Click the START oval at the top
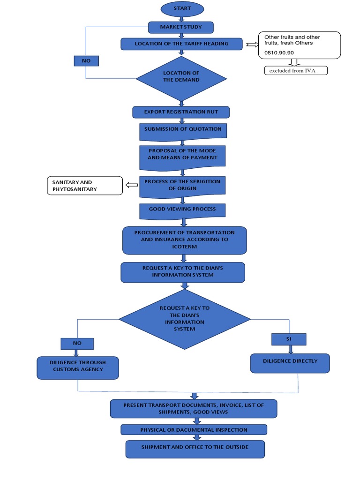(182, 9)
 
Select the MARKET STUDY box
(181, 27)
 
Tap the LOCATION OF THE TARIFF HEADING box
(181, 44)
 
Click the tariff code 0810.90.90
(279, 53)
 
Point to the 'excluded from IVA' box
(295, 71)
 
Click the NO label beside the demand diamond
(86, 61)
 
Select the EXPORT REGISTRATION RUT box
(181, 112)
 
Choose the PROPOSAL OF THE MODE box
(182, 155)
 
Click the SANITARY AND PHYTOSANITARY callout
(84, 186)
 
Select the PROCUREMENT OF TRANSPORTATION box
(185, 240)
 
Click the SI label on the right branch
(289, 339)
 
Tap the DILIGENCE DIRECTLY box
(290, 362)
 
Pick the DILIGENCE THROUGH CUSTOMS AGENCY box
(78, 367)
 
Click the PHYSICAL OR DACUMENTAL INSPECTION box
(194, 430)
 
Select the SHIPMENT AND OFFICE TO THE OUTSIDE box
(195, 448)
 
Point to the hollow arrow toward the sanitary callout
(131, 186)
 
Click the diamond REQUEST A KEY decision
(185, 319)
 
